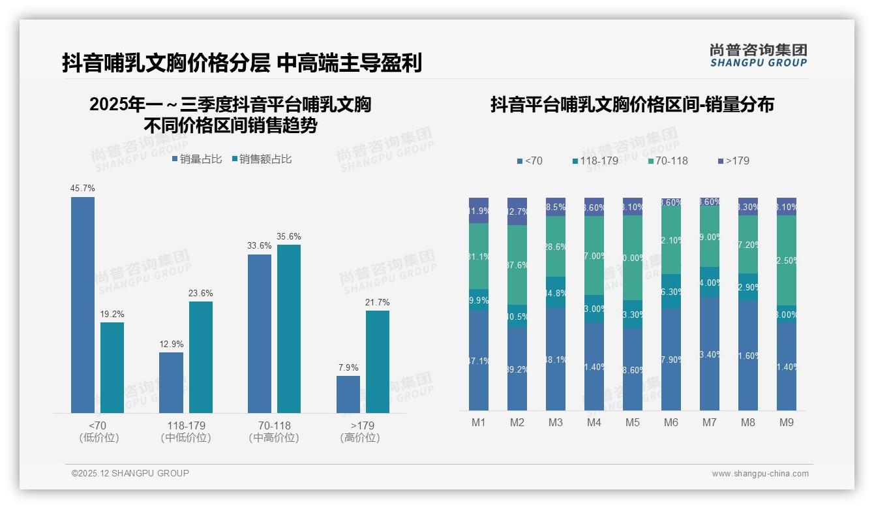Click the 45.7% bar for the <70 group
(83, 305)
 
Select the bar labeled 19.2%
(112, 367)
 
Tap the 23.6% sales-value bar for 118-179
(201, 357)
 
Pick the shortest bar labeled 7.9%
(348, 394)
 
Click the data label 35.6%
(289, 237)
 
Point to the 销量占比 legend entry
(197, 159)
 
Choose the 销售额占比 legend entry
(262, 159)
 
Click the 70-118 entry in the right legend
(669, 161)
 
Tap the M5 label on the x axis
(633, 423)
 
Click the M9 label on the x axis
(787, 423)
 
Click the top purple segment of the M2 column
(517, 211)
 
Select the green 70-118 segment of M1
(479, 256)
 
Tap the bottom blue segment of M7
(710, 354)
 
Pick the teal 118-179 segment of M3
(556, 292)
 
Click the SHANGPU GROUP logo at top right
(758, 55)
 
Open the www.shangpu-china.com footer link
(760, 474)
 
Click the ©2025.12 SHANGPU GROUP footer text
(130, 474)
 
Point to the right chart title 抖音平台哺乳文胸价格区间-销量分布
(632, 105)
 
